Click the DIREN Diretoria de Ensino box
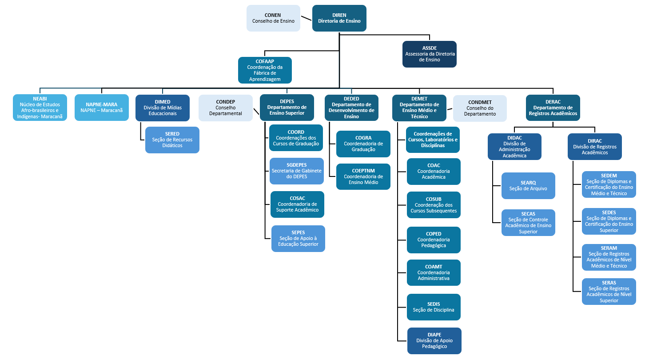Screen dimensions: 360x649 (x=339, y=18)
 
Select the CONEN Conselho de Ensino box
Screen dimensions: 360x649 (x=273, y=18)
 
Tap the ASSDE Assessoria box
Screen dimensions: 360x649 (x=430, y=54)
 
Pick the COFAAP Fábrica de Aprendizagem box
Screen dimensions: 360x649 (x=265, y=70)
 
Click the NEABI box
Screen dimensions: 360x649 (x=40, y=108)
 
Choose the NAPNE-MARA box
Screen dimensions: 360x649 (x=101, y=108)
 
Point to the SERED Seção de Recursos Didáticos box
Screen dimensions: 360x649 (x=172, y=140)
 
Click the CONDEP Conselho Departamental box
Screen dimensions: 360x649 (x=226, y=108)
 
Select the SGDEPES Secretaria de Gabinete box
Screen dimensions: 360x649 (x=297, y=171)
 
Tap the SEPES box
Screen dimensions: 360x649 (x=298, y=239)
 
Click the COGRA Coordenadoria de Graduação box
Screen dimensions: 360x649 (x=363, y=144)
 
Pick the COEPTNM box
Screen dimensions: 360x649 (x=363, y=177)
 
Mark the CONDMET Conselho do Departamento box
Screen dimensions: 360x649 (x=480, y=108)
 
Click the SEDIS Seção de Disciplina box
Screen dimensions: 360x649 (x=434, y=307)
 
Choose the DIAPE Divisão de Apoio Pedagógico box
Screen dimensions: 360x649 (x=434, y=341)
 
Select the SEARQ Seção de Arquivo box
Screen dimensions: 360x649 (x=528, y=186)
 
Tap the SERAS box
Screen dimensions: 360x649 (x=609, y=292)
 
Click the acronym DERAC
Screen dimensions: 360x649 (x=553, y=102)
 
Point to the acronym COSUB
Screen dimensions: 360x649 (x=434, y=199)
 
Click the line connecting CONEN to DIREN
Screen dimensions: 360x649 (x=306, y=19)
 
